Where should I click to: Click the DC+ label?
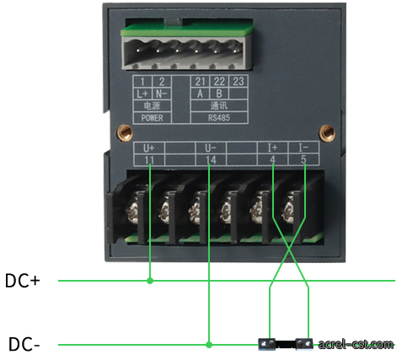point(23,281)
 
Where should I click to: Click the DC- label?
point(24,344)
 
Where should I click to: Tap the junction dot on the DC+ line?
point(150,281)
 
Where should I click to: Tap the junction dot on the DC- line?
point(209,345)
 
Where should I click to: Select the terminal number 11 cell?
point(149,160)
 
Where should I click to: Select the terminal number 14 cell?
point(211,160)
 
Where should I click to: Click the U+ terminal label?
point(149,148)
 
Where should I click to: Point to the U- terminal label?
point(211,148)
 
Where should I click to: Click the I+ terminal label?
point(272,148)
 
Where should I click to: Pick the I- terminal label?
point(303,148)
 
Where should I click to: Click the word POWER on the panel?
point(152,118)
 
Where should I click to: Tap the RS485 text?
point(219,118)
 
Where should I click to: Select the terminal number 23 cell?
point(239,82)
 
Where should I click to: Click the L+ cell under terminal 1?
point(142,94)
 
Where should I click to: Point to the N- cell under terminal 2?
point(162,94)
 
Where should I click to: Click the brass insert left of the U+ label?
point(125,132)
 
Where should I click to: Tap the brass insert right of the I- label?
point(327,133)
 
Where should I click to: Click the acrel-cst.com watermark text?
point(356,344)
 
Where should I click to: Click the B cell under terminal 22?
point(219,94)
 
